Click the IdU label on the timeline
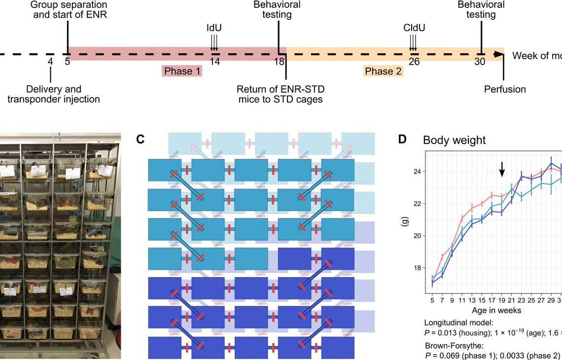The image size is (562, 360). coord(214,28)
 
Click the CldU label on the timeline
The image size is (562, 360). coord(414,28)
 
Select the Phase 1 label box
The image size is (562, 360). coord(182,72)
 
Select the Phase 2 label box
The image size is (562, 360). coord(384,72)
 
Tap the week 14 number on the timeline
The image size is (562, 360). coord(214,62)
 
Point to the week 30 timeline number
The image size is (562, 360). coord(480,62)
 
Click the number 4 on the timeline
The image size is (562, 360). coord(50,62)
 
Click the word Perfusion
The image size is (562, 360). coord(505,89)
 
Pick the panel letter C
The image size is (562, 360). coord(140,140)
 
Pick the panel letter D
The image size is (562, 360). coord(402,140)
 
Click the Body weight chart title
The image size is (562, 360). coord(454,140)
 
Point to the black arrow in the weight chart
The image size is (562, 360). coord(502,170)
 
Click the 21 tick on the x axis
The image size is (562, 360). coord(511,300)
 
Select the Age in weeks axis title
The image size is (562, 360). coord(496,310)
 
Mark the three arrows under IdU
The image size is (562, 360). coord(214,43)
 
